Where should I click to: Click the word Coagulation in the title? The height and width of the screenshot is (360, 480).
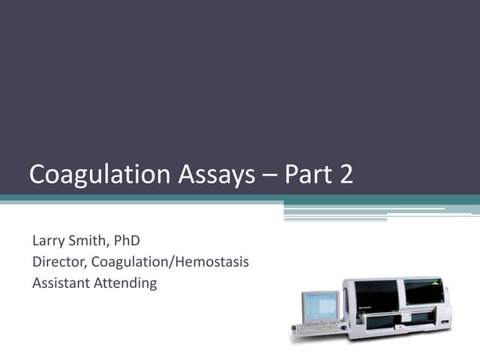click(x=91, y=175)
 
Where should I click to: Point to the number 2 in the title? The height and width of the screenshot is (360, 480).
click(x=345, y=175)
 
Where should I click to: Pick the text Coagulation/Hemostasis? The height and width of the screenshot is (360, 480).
click(x=170, y=262)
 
